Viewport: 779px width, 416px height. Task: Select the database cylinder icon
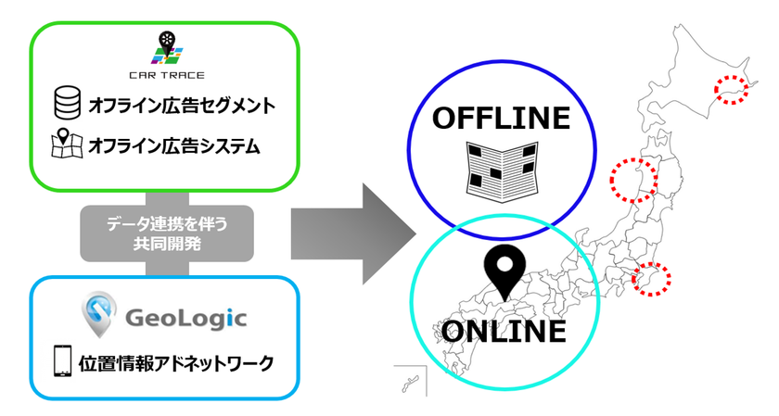click(x=65, y=105)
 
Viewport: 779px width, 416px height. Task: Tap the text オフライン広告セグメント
click(x=182, y=106)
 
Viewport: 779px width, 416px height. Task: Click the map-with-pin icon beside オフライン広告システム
click(x=65, y=145)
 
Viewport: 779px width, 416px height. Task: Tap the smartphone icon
click(x=63, y=362)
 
